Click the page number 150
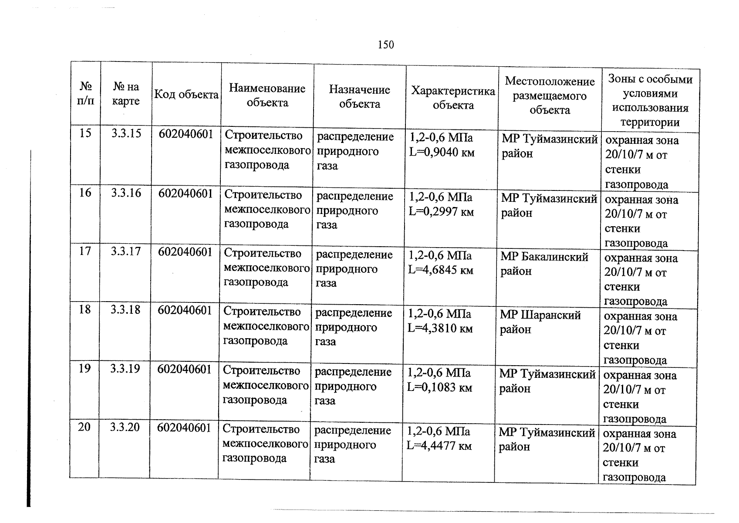point(386,45)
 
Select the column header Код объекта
point(186,95)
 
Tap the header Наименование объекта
point(267,95)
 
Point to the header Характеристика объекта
point(453,98)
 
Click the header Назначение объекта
point(360,97)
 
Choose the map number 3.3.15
point(126,133)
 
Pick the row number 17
point(85,251)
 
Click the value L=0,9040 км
point(442,153)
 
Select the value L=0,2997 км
point(441,212)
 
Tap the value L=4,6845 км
point(441,270)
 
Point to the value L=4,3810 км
point(440,329)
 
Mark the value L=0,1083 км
point(439,387)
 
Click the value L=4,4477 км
point(439,446)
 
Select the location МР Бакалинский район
point(544,264)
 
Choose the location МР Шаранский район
point(540,322)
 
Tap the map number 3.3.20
point(125,427)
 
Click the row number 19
point(84,369)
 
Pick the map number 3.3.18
point(125,310)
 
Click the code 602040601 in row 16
point(186,193)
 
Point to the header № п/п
point(86,94)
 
